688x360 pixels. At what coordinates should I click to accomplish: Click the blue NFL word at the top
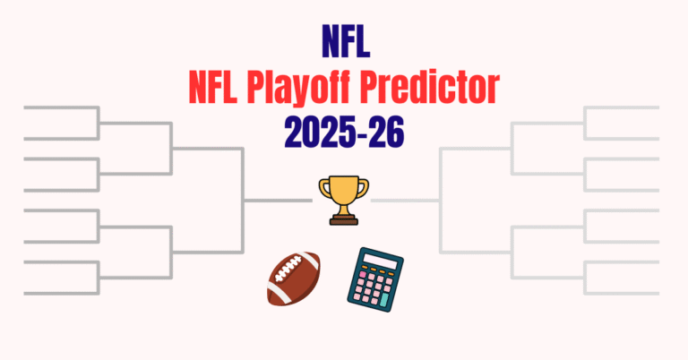click(345, 41)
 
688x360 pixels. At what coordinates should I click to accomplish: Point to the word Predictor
click(439, 88)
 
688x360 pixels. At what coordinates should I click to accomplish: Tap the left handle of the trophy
click(324, 188)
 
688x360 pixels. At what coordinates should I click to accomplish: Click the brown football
click(294, 278)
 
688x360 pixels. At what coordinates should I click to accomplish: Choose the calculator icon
click(374, 279)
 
